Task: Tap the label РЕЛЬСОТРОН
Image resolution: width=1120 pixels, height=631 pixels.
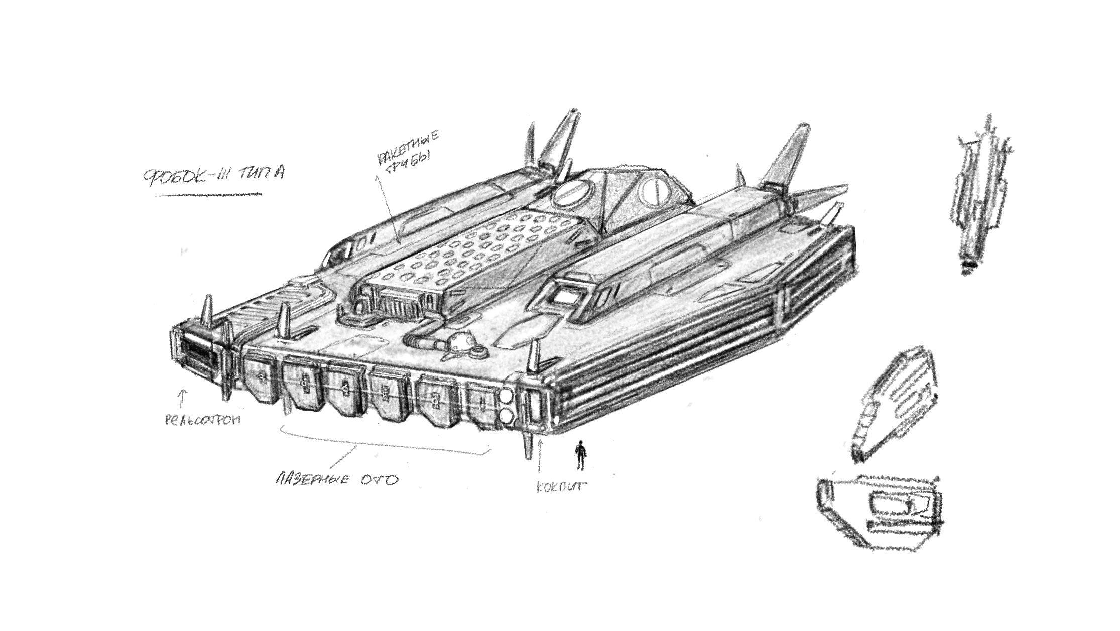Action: pyautogui.click(x=203, y=419)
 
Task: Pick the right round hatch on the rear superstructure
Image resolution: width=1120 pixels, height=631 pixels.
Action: pyautogui.click(x=654, y=191)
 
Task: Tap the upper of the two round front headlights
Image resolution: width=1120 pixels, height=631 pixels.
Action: pyautogui.click(x=507, y=397)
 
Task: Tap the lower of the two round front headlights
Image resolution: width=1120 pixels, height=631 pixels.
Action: pyautogui.click(x=507, y=416)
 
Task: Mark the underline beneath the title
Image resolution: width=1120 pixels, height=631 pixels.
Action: pyautogui.click(x=208, y=194)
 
